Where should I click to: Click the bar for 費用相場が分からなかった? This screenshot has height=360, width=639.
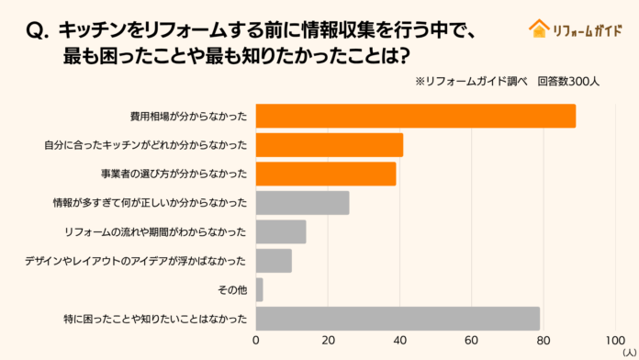tap(415, 117)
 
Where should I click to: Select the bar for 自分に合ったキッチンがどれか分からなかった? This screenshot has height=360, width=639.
tap(329, 145)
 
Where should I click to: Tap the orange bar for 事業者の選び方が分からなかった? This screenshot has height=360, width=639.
tap(325, 174)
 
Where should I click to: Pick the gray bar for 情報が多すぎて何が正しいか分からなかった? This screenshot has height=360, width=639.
tap(302, 203)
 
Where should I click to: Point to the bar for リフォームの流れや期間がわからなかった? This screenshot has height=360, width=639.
tap(280, 231)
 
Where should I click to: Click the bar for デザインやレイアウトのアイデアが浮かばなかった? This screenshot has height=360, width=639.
tap(274, 261)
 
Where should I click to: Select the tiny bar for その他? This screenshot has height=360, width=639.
tap(259, 289)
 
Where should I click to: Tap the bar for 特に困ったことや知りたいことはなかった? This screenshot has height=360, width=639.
tap(398, 319)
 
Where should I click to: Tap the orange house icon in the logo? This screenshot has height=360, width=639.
tap(538, 28)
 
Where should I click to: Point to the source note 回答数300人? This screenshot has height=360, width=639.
tap(568, 81)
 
